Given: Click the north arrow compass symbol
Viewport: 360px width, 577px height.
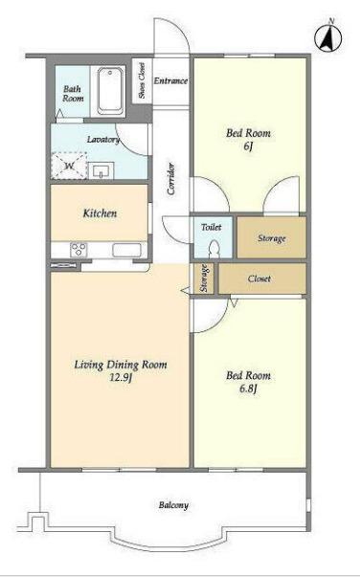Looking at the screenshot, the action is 328,37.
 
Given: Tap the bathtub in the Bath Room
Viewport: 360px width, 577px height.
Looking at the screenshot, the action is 111,91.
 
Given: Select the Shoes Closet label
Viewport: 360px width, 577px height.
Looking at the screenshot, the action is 142,80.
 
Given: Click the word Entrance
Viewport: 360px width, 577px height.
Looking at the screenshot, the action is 170,80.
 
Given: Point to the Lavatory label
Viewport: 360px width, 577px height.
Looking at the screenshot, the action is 103,140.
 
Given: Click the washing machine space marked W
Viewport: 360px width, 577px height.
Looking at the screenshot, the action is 69,166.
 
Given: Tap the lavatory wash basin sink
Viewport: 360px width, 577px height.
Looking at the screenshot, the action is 101,170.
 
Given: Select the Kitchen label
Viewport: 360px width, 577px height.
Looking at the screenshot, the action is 100,213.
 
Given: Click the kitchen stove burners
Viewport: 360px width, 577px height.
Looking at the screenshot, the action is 79,250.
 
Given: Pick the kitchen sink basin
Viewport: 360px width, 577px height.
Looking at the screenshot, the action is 126,250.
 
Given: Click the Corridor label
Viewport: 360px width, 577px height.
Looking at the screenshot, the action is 170,179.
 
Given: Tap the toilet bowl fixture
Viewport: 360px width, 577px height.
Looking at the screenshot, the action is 214,249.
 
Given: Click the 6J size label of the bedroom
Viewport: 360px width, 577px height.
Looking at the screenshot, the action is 249,146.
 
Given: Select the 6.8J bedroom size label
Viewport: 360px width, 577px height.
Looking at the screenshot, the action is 248,388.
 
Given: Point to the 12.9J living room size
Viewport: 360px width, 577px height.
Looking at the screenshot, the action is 121,378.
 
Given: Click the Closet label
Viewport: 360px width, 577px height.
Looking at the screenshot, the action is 259,278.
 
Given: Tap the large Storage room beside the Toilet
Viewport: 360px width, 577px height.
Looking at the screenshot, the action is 272,237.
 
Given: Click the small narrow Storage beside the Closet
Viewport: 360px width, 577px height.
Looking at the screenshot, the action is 204,278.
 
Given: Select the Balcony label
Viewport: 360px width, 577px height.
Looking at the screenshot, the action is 173,505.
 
